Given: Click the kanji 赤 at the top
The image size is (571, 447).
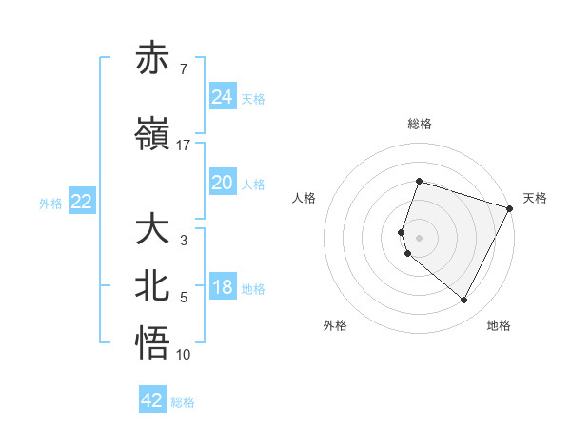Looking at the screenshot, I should (153, 59).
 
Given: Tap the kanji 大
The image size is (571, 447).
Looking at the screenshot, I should (153, 230).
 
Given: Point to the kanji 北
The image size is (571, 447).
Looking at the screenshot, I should (153, 288).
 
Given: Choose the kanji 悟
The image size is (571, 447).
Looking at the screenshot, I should (153, 344).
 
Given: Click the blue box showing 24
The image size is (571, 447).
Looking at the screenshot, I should (223, 97).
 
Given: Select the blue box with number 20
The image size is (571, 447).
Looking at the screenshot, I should (223, 184).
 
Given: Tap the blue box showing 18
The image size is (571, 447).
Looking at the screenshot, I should (223, 288).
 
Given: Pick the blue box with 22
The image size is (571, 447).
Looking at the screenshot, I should (82, 202).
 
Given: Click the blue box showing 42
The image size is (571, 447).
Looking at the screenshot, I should (152, 400).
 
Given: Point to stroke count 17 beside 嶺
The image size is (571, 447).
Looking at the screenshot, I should (184, 145).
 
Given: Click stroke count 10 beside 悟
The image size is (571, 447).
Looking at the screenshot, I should (184, 355).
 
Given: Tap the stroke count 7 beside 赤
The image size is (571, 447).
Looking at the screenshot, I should (183, 69).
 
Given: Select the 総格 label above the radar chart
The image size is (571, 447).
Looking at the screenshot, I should (419, 124).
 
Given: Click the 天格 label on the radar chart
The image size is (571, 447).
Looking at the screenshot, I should (535, 198).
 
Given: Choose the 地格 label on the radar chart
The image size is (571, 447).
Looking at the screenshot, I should (499, 325).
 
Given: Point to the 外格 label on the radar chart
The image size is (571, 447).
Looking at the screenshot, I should (335, 325).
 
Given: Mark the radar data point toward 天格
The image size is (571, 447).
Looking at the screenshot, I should (511, 208).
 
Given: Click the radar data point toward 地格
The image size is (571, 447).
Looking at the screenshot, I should (464, 301).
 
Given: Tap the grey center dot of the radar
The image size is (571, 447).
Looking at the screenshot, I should (419, 237).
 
